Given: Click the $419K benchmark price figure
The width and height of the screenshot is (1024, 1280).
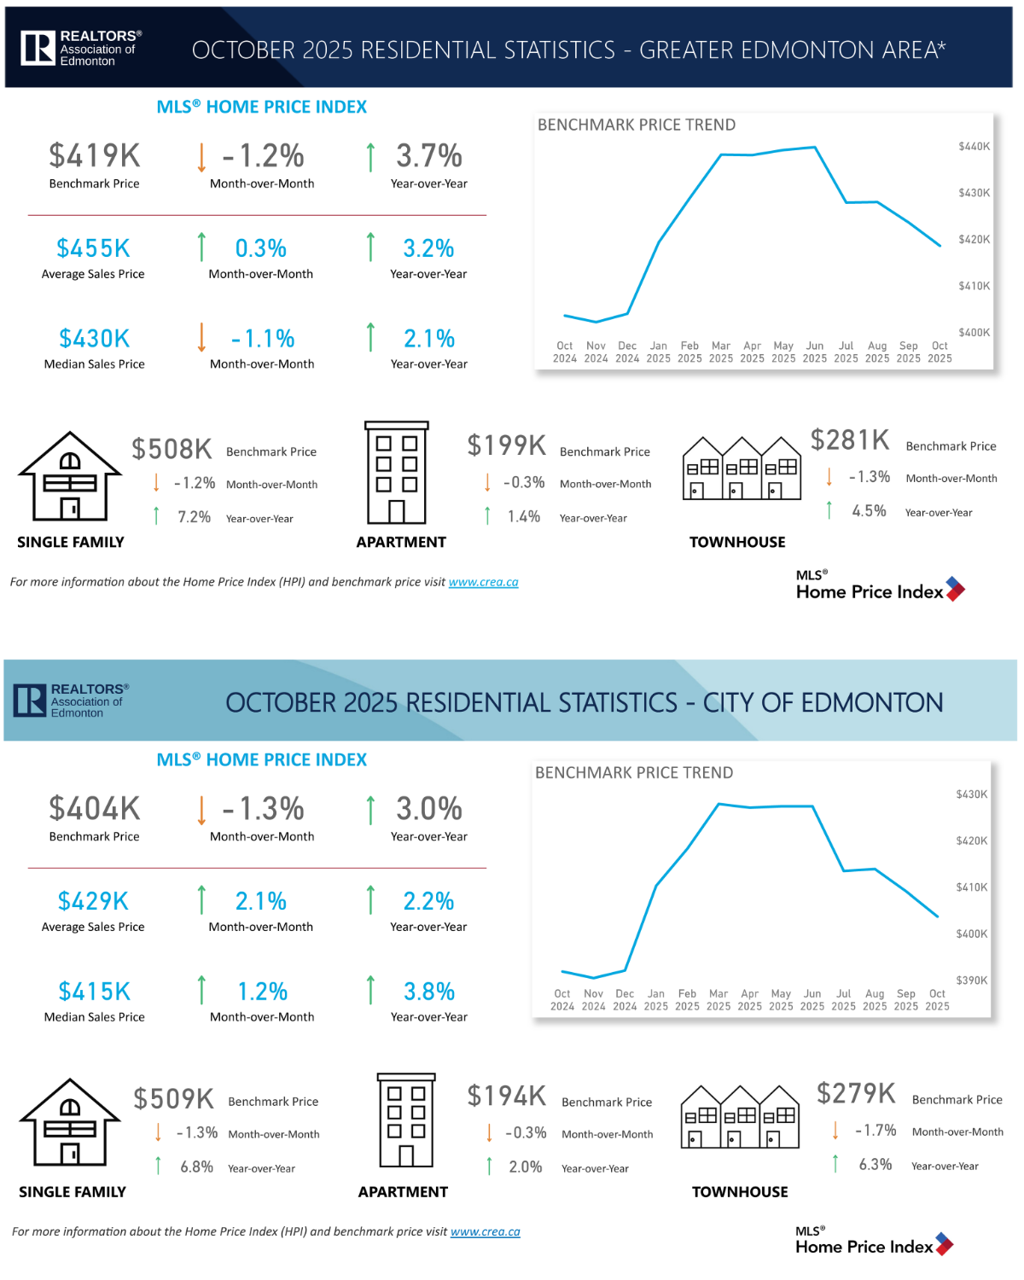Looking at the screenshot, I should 95,155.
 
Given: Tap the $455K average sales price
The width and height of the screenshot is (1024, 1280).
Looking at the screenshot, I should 93,248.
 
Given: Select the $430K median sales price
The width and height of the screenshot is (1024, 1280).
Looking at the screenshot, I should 94,339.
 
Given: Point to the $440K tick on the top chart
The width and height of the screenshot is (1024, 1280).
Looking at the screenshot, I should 974,147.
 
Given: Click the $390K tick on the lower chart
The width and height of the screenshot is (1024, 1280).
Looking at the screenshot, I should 971,980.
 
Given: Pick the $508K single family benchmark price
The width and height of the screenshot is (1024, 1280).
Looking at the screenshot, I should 172,449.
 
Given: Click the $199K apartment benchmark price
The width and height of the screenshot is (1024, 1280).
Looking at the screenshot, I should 506,445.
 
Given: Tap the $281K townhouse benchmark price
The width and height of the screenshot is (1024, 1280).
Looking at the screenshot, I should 850,440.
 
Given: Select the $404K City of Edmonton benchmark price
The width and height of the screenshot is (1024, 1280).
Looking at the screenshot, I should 95,808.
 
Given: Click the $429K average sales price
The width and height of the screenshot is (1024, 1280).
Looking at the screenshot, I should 93,901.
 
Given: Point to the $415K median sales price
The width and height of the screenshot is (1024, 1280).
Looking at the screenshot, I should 94,992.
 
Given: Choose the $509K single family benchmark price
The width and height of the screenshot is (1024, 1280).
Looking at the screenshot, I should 173,1099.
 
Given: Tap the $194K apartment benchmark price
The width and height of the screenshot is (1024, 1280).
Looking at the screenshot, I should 506,1096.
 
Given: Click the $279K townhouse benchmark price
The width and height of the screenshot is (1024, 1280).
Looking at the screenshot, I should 856,1093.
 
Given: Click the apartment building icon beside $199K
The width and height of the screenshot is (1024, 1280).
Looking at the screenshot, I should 397,473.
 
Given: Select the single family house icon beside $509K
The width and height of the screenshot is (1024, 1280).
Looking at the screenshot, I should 70,1122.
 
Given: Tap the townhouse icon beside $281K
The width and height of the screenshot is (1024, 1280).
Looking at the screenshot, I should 742,468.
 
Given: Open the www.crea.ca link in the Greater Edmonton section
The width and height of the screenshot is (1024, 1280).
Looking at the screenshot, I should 483,582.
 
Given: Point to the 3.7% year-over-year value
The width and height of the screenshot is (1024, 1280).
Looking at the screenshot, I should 428,156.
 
